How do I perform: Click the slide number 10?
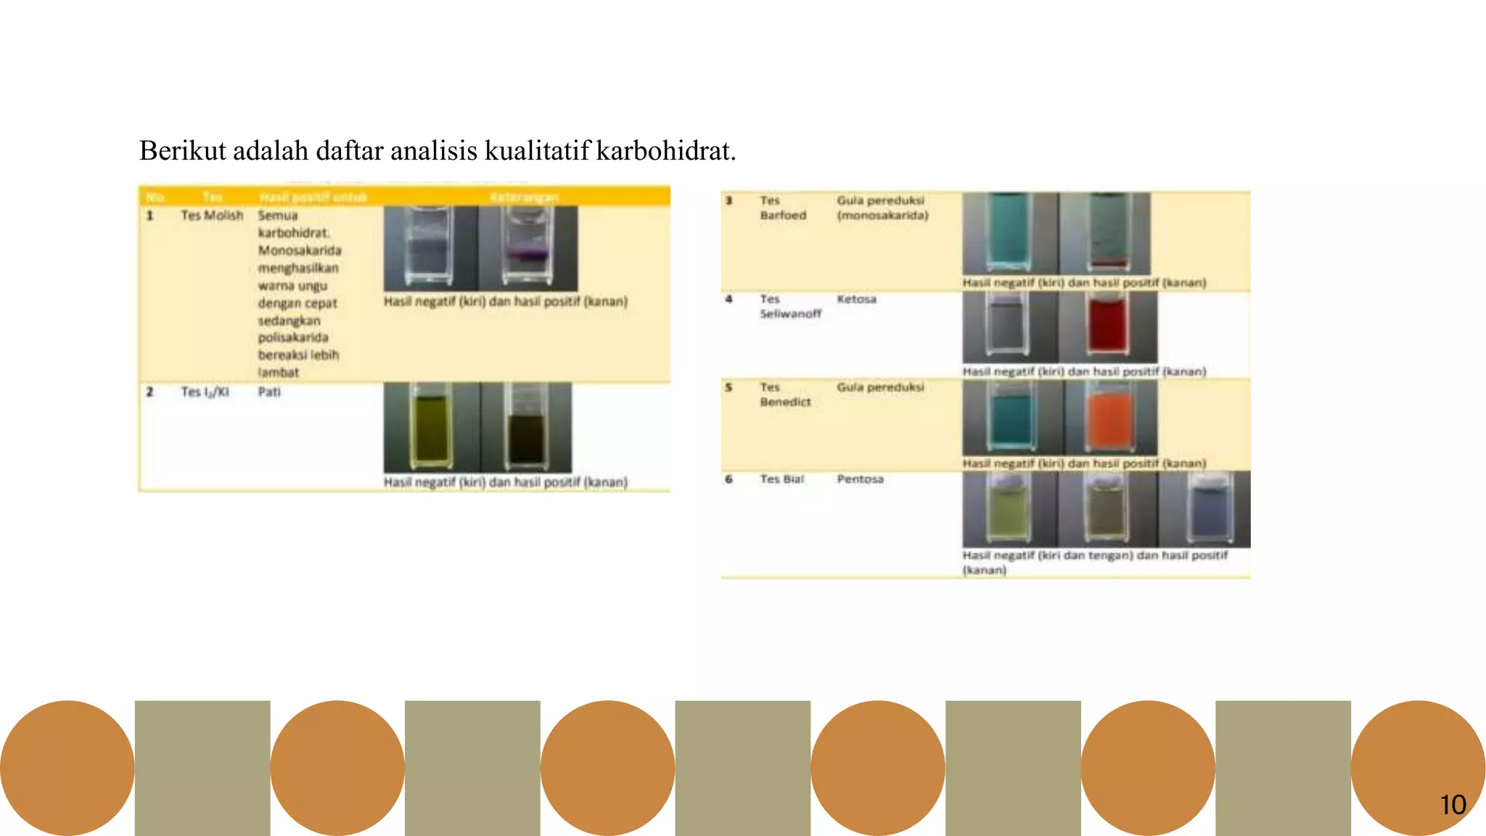pyautogui.click(x=1453, y=805)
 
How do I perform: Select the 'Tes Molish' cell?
pyautogui.click(x=212, y=216)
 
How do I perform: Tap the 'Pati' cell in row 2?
pyautogui.click(x=269, y=392)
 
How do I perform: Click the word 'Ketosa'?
pyautogui.click(x=856, y=299)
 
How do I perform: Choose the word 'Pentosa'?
pyautogui.click(x=860, y=480)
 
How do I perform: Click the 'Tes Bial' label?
pyautogui.click(x=781, y=480)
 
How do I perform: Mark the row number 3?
pyautogui.click(x=729, y=200)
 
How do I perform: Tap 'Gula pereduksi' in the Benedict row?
pyautogui.click(x=880, y=388)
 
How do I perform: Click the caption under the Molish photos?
pyautogui.click(x=505, y=301)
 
